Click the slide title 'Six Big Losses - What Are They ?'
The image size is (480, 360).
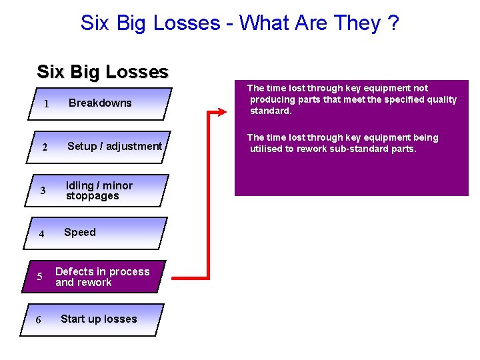click(x=239, y=23)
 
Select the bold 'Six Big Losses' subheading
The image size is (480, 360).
click(x=103, y=71)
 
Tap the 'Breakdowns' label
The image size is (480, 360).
click(x=100, y=103)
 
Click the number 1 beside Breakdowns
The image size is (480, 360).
click(x=46, y=104)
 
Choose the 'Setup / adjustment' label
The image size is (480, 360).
click(x=115, y=146)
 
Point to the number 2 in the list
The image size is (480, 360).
click(x=43, y=147)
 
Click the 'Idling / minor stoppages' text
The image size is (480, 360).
click(x=99, y=191)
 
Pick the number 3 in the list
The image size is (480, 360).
click(x=43, y=191)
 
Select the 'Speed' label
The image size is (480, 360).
click(x=80, y=232)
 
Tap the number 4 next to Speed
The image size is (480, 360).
click(x=41, y=234)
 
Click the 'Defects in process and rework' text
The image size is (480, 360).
click(x=102, y=277)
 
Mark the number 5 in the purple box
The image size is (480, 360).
click(x=40, y=277)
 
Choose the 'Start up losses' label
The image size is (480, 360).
click(x=99, y=319)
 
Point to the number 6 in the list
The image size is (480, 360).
click(x=38, y=320)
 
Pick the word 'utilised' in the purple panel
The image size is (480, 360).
click(x=266, y=149)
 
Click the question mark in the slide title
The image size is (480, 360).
click(x=393, y=23)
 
